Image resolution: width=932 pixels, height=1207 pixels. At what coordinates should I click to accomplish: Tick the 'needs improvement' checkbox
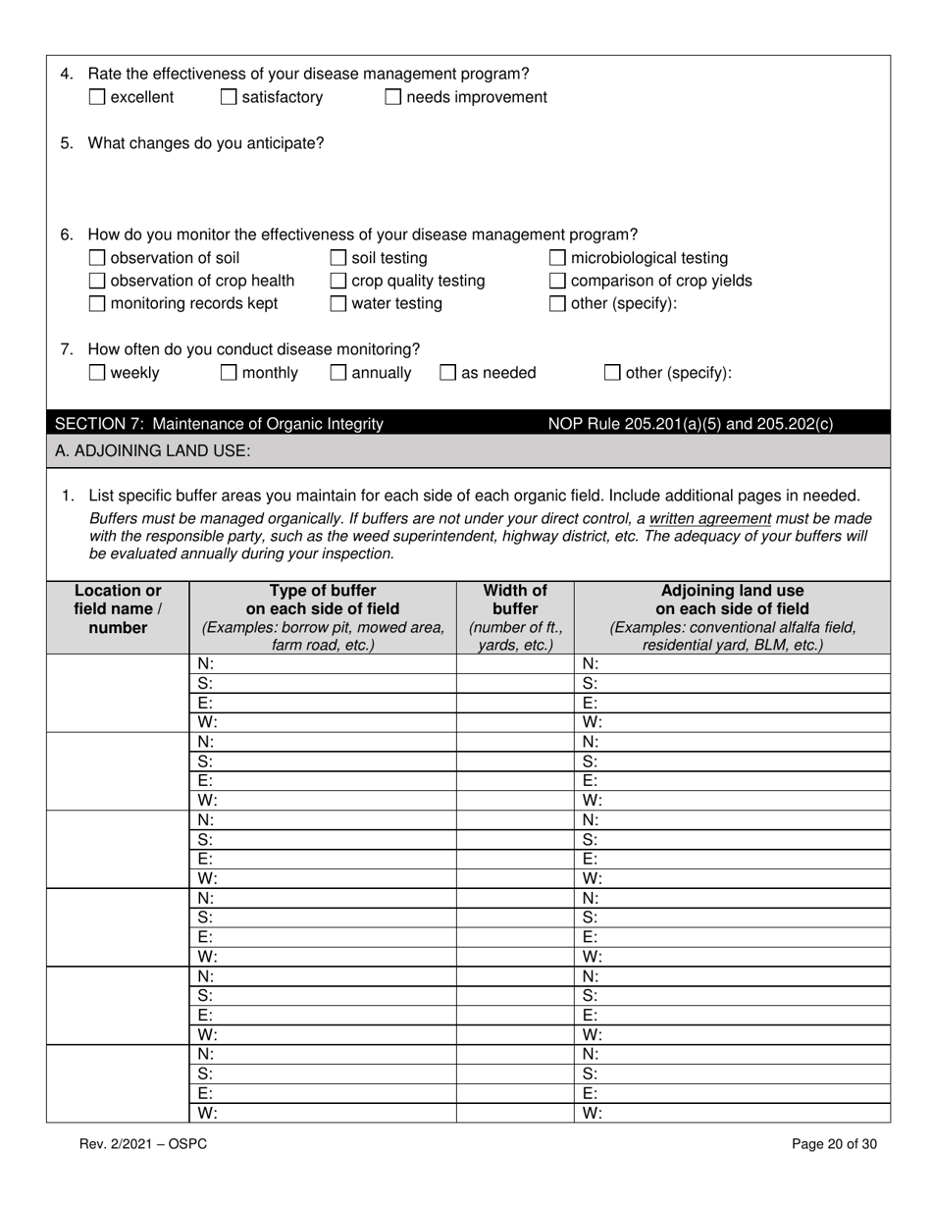point(392,97)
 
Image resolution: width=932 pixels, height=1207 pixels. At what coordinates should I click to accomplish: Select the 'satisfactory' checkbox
point(228,97)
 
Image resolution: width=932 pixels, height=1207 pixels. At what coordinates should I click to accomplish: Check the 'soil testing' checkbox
point(337,258)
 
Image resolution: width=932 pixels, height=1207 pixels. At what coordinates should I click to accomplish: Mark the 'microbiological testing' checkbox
point(557,258)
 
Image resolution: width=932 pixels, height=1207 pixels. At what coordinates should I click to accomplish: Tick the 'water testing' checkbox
point(337,304)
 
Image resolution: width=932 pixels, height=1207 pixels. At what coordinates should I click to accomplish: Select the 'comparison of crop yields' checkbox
point(557,282)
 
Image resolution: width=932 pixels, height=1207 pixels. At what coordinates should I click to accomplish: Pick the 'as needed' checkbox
point(447,373)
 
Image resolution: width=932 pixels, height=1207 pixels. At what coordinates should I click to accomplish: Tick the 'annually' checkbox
point(337,373)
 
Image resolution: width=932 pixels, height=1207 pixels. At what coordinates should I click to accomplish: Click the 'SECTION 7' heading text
point(219,424)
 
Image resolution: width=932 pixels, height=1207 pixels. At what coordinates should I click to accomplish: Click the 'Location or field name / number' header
point(118,609)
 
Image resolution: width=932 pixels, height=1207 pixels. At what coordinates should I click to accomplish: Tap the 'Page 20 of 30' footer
point(834,1143)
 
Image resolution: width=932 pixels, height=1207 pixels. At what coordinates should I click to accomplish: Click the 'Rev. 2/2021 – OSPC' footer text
point(143,1143)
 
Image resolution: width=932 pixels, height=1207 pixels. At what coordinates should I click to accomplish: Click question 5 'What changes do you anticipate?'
point(206,143)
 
